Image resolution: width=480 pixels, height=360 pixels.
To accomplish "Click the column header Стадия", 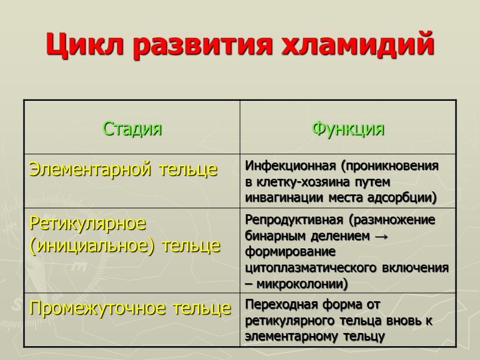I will [x=132, y=128].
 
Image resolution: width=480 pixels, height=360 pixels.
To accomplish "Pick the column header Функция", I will [x=348, y=128].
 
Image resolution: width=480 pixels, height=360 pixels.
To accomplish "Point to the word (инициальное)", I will [x=84, y=245].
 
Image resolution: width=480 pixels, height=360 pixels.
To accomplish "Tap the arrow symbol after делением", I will [x=380, y=236].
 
